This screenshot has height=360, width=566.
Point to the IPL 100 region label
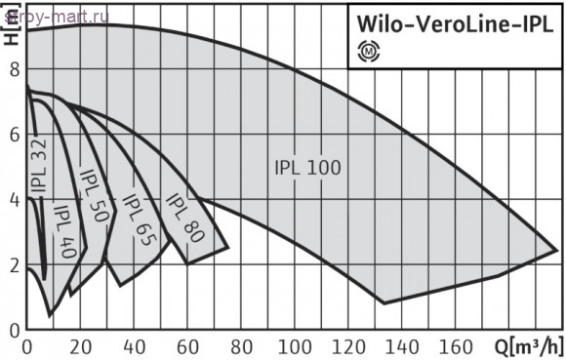[x=307, y=168]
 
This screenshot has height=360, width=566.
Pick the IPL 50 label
[x=95, y=201]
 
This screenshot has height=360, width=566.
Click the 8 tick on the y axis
[x=15, y=70]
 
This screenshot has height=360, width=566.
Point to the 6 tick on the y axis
[x=15, y=135]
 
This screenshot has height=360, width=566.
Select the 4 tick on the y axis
[x=15, y=200]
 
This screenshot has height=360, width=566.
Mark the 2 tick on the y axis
[x=15, y=265]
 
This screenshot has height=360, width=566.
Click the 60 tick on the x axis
[x=187, y=347]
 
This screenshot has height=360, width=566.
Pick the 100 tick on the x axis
[x=295, y=347]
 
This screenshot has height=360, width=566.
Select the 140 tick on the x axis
[x=402, y=347]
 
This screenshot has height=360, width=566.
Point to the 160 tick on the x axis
[x=456, y=347]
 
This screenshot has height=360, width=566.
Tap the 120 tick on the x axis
[x=348, y=347]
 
